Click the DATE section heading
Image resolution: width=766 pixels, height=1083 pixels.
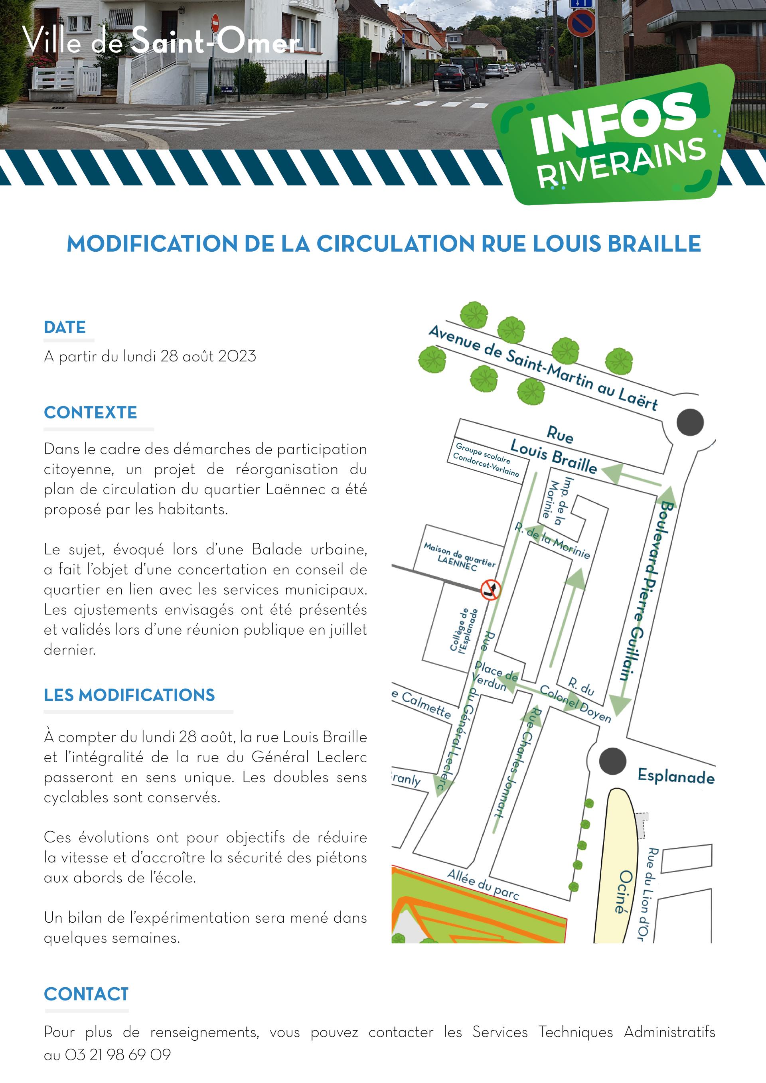(65, 327)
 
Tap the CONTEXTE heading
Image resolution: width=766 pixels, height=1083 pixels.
(91, 412)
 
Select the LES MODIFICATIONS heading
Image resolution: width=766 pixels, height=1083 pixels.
(129, 695)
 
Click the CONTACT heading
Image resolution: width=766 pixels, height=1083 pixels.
(86, 994)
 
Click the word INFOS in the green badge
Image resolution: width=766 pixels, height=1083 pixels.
(614, 122)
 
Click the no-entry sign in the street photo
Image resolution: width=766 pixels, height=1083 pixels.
(215, 22)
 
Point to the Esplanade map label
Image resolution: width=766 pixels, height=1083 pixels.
(676, 776)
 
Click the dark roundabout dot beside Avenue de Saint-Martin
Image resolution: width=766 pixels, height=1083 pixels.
(690, 422)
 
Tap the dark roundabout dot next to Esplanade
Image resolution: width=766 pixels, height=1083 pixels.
(613, 761)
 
